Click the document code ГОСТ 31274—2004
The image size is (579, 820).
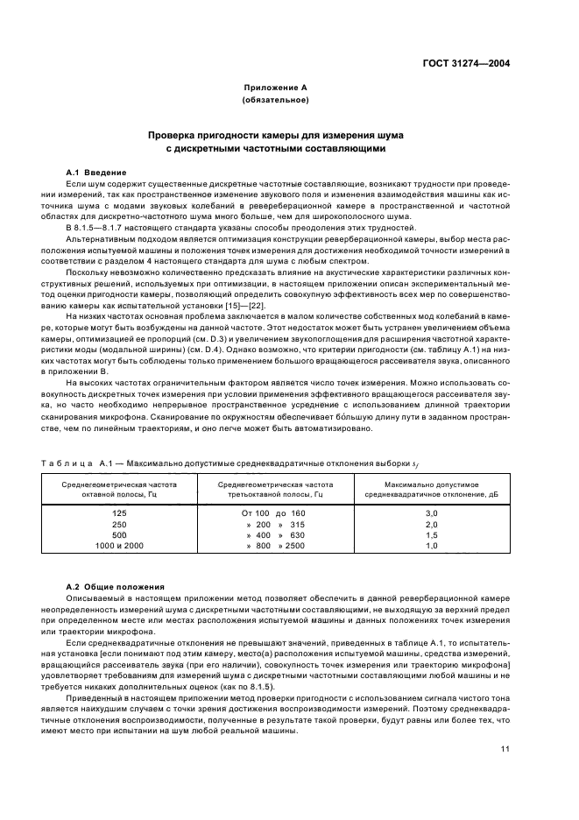point(468,63)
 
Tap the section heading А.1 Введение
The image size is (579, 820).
point(97,172)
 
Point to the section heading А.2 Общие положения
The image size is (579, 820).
point(112,584)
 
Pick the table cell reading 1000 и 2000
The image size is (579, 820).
point(119,545)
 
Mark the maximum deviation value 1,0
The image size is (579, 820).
point(430,545)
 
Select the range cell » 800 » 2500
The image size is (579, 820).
point(274,545)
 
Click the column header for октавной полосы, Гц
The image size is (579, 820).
point(119,488)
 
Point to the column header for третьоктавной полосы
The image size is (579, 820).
point(274,488)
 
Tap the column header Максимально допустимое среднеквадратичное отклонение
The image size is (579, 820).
point(430,488)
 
